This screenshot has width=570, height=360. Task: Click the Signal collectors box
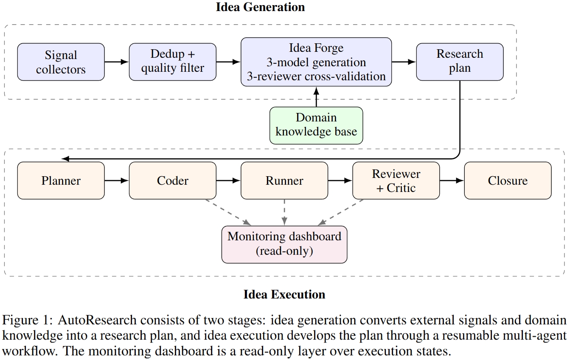61,62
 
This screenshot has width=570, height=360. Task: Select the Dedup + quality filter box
172,62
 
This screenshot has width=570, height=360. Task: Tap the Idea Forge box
316,62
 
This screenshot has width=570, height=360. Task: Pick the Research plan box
460,62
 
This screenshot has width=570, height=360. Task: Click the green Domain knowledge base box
316,126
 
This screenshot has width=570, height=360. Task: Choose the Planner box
61,180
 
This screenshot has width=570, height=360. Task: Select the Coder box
172,180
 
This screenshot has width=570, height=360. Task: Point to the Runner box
284,180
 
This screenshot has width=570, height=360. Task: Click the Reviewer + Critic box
396,180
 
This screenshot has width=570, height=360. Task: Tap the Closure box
508,180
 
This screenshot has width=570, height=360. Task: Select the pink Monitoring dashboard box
284,245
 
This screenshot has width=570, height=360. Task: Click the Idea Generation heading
260,7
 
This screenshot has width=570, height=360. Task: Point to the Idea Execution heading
284,295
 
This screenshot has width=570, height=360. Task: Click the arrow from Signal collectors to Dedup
117,62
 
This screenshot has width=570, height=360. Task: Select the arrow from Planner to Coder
117,180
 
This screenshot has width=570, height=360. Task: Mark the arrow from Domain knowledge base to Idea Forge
316,97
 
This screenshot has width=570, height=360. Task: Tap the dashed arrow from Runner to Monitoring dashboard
284,213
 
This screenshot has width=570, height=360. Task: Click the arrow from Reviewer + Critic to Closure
452,180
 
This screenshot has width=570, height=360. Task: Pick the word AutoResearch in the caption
97,320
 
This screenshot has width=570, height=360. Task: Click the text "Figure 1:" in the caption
28,320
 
